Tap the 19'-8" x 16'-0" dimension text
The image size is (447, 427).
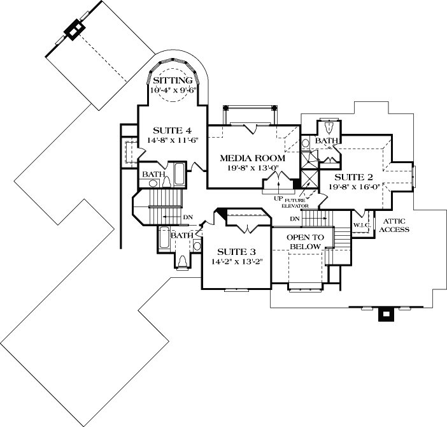coord(355,187)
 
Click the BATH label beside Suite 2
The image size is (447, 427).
coord(326,141)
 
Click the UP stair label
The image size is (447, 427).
coord(278,198)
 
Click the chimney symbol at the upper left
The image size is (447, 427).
coord(75,31)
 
